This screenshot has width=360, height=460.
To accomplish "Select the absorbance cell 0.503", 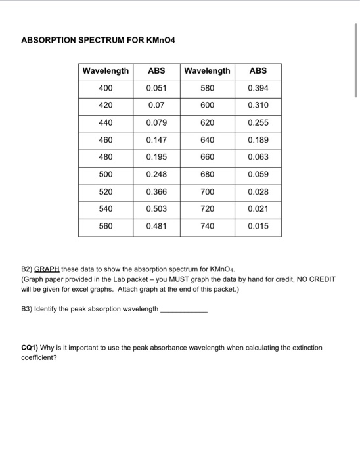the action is pos(156,209).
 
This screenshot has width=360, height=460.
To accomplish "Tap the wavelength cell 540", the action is pos(105,209).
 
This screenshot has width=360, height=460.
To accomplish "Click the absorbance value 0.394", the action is pos(258,88).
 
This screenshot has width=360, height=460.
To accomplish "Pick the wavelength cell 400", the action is pos(105,88).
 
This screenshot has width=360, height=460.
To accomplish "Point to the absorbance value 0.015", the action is pos(258,226).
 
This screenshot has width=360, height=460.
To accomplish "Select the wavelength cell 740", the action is pos(207,226).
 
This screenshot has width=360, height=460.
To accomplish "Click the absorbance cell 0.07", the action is pos(156,105).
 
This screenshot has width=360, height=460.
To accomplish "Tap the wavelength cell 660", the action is pos(207,157).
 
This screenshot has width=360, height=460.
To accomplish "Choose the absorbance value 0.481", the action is pos(156,226).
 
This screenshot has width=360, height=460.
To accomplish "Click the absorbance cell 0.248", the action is pos(156,174).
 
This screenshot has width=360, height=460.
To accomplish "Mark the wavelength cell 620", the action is pos(207,122).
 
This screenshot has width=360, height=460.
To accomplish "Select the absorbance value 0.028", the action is pos(258,192).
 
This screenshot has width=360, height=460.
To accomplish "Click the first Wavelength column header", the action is pos(105,70).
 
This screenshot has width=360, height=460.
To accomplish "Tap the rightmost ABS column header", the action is pos(258,70).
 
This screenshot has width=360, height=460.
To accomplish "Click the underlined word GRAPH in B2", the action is pos(47,269).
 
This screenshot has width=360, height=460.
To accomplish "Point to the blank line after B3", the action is pos(184,309).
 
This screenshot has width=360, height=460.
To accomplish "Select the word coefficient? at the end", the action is pos(40,358).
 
